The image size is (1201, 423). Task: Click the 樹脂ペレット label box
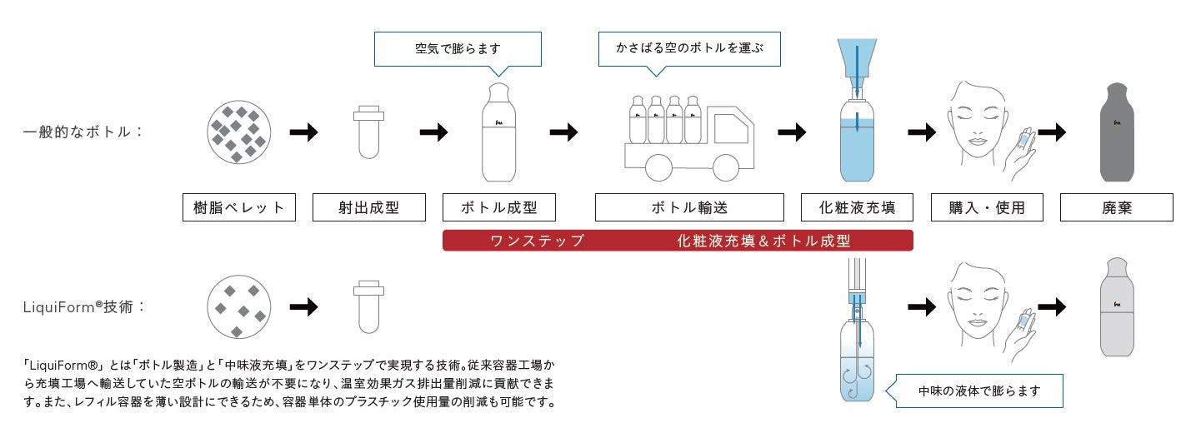[239, 207]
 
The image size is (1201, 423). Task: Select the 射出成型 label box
[369, 207]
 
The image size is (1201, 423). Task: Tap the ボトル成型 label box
[498, 207]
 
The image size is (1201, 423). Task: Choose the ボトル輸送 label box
[689, 207]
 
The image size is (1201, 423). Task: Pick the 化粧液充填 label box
[855, 207]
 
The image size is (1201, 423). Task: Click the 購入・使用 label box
[986, 207]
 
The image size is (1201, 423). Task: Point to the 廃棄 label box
[1116, 207]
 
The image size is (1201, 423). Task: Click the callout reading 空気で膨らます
[458, 48]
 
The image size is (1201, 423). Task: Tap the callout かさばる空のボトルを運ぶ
[691, 48]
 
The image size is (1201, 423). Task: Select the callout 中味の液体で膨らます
[978, 391]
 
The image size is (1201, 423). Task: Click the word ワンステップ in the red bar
[537, 241]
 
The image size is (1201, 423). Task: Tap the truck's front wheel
[725, 167]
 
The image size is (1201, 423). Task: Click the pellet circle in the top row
[239, 133]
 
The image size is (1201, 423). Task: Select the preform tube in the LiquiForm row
[368, 308]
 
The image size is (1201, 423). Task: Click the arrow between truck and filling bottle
[792, 132]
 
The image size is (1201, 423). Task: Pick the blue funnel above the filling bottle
[856, 58]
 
